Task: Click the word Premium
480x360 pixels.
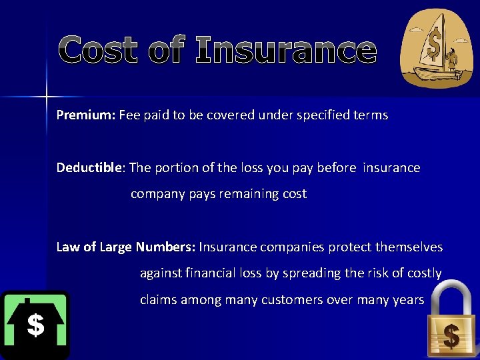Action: point(86,115)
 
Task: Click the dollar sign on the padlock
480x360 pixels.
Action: point(451,336)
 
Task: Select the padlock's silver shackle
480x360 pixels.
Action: point(450,297)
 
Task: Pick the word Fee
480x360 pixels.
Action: point(130,115)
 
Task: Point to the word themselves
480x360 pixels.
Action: point(409,247)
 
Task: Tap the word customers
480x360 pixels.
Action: point(292,300)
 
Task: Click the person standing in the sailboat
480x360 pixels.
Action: point(453,58)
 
